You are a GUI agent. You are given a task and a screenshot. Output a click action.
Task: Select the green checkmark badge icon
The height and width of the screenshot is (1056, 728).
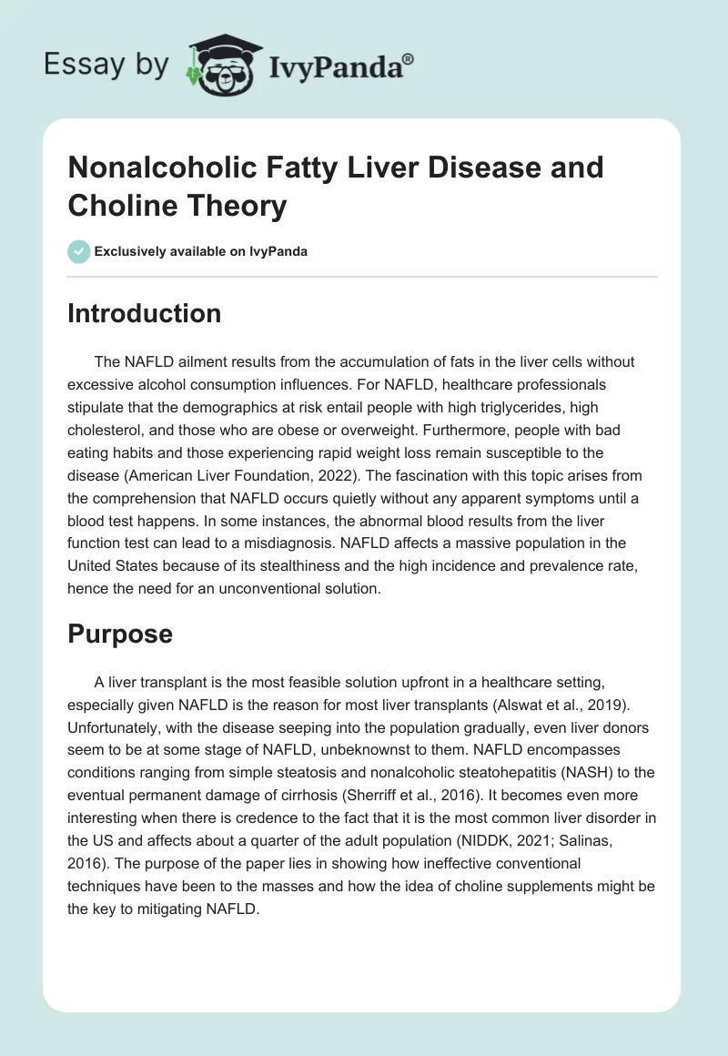pyautogui.click(x=79, y=251)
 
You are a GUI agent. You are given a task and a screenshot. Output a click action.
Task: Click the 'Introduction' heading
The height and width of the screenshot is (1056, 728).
pyautogui.click(x=145, y=313)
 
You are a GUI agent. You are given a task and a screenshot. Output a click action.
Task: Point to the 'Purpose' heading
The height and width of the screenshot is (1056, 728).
pyautogui.click(x=120, y=634)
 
